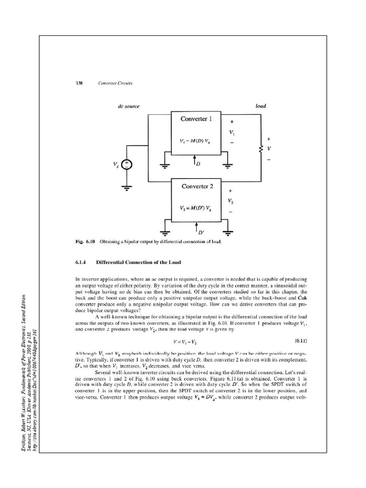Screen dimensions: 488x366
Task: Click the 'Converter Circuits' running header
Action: [x=115, y=83]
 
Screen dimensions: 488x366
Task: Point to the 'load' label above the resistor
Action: [x=260, y=106]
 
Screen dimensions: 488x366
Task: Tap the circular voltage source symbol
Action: [x=128, y=165]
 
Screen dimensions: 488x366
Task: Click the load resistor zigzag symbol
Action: [x=261, y=149]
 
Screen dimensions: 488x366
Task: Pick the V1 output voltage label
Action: [x=232, y=131]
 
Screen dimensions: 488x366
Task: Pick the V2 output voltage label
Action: [x=232, y=201]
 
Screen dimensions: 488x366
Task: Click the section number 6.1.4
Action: [x=82, y=262]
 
